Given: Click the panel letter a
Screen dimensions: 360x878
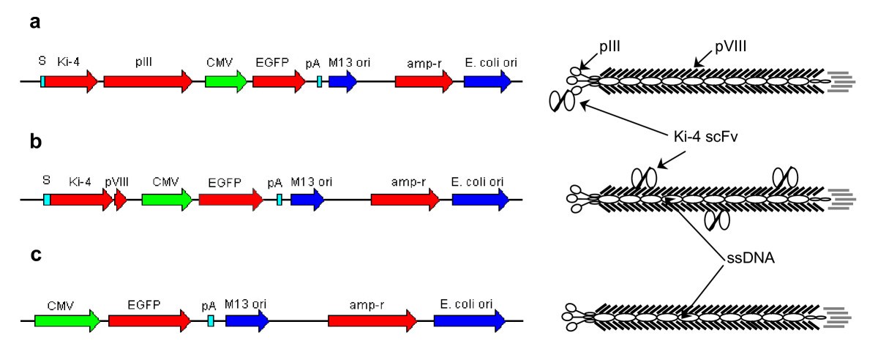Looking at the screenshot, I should (x=34, y=23).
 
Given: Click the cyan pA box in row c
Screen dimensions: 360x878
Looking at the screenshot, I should (x=211, y=320).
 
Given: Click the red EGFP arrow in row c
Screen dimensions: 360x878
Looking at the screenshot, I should (x=149, y=320).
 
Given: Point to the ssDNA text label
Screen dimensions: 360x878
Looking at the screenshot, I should (x=740, y=259).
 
